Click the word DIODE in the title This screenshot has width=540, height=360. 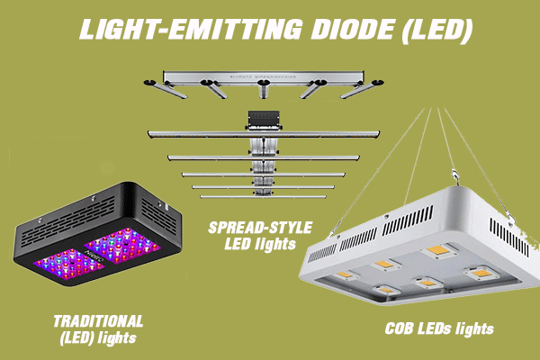(352, 30)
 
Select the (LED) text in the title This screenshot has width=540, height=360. (436, 31)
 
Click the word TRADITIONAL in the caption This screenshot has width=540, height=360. (98, 321)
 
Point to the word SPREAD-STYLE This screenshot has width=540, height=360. (260, 228)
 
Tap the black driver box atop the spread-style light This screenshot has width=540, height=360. (264, 120)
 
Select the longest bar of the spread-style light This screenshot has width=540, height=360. (264, 134)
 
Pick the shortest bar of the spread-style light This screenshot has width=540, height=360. (263, 197)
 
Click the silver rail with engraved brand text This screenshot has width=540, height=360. (264, 77)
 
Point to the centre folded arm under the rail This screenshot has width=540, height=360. (264, 88)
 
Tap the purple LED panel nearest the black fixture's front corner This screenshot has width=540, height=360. (68, 264)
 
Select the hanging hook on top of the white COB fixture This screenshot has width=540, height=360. (456, 175)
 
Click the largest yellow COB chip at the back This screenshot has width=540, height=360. (438, 250)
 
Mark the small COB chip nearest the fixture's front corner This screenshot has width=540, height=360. (386, 290)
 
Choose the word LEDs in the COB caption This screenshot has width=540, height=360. (434, 328)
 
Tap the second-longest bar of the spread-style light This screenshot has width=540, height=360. (264, 157)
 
